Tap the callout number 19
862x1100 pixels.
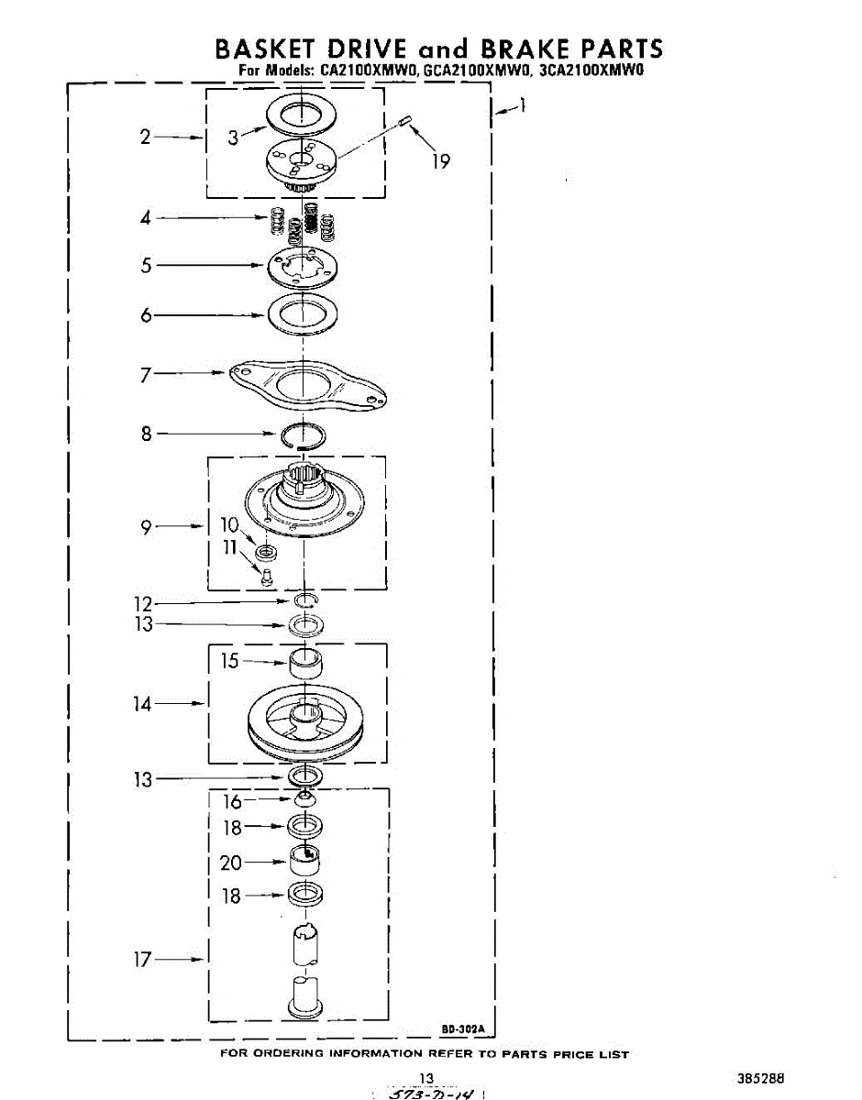click(x=441, y=161)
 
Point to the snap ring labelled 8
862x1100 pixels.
click(x=303, y=434)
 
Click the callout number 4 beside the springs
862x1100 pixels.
click(x=146, y=218)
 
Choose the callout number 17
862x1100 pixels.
click(x=142, y=960)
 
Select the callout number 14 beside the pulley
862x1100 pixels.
click(x=142, y=704)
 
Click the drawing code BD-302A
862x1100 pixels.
click(x=463, y=1029)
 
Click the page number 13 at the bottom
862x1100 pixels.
click(x=425, y=1078)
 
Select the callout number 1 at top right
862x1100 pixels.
click(x=522, y=105)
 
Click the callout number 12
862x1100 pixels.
click(x=142, y=604)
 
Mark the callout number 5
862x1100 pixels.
click(x=146, y=266)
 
